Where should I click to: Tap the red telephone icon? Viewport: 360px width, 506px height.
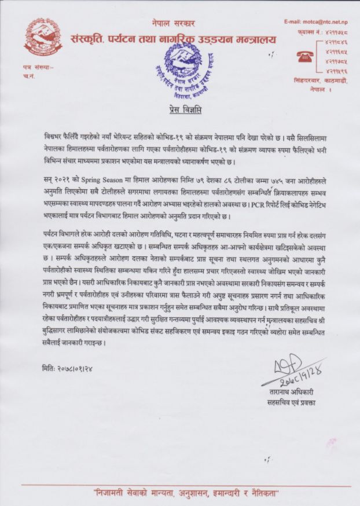click(303, 56)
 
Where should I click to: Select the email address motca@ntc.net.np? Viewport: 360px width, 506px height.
click(315, 22)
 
